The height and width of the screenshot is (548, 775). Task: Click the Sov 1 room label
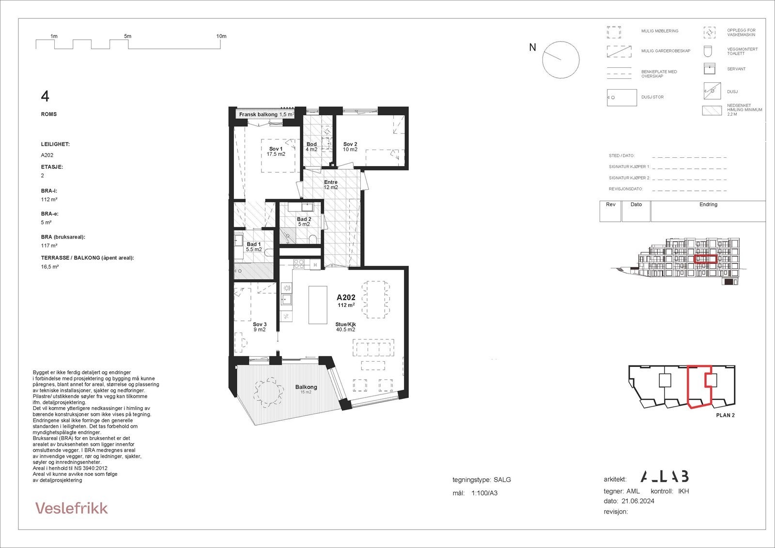[x=276, y=152]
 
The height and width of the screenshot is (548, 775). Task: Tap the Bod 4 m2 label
[x=311, y=147]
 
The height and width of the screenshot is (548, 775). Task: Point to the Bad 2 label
[x=304, y=222]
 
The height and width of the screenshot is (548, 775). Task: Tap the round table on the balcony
[x=269, y=392]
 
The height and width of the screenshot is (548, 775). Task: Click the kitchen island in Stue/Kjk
[x=318, y=305]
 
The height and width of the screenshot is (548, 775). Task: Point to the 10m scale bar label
[x=221, y=36]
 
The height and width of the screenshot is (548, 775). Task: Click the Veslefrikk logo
[x=72, y=508]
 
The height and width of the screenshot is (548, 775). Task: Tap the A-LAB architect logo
[x=664, y=476]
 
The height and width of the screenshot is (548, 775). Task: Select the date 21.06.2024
[x=637, y=501]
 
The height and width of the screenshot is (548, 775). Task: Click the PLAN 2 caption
[x=725, y=415]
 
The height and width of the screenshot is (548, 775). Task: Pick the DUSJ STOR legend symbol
[x=622, y=97]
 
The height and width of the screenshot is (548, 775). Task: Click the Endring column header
[x=708, y=204]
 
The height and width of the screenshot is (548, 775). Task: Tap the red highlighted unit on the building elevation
[x=705, y=259]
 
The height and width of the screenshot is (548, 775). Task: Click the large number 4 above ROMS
[x=45, y=96]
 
